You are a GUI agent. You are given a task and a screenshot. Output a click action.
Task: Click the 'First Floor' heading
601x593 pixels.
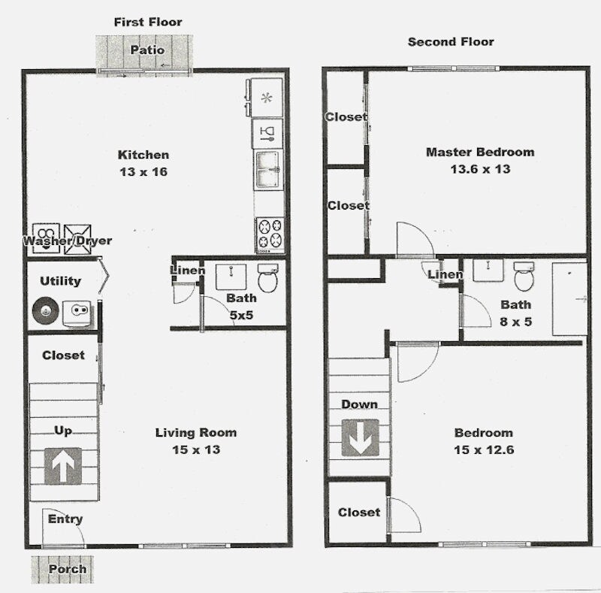(148, 22)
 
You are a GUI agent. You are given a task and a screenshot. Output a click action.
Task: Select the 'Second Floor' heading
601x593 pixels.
(451, 41)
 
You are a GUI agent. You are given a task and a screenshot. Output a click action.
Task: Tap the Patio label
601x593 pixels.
(147, 50)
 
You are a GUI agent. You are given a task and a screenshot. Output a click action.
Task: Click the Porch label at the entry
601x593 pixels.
(68, 569)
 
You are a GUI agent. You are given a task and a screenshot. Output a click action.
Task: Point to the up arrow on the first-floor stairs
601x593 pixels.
(62, 466)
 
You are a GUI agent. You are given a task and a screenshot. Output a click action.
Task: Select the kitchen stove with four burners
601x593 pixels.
(270, 234)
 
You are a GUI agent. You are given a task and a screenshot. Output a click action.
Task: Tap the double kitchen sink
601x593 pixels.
(269, 169)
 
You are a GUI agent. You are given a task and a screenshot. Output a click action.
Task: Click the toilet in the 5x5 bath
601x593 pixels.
(268, 279)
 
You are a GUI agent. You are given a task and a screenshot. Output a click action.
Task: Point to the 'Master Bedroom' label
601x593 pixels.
(480, 152)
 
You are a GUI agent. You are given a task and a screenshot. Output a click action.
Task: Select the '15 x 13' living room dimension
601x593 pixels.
(195, 449)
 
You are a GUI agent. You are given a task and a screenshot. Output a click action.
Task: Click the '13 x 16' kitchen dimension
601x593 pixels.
(143, 171)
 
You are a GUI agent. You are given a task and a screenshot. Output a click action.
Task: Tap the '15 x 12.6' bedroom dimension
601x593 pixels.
(484, 449)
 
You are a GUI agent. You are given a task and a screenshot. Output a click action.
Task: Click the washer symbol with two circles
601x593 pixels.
(46, 234)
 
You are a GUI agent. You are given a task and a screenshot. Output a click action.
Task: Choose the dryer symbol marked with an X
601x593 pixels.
(77, 234)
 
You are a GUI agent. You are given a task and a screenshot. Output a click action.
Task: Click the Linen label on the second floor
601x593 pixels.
(445, 275)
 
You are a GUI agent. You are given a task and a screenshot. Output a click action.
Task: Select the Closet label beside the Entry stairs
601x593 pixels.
(63, 355)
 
